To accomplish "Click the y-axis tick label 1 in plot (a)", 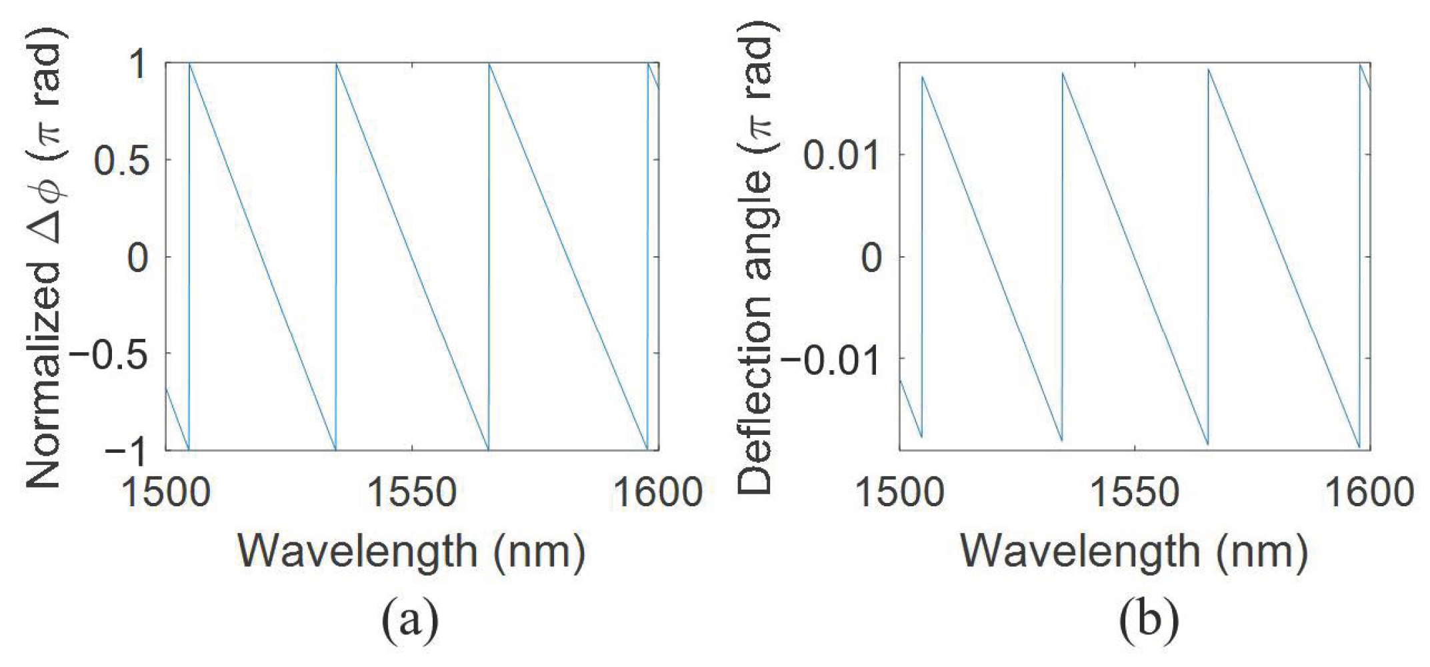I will (137, 65).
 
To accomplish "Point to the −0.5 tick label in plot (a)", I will (108, 355).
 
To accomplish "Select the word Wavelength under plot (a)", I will (357, 552).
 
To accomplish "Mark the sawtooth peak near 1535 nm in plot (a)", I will (337, 64).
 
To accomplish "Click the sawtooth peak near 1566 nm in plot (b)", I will (1209, 70).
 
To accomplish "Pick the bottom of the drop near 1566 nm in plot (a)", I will (489, 449).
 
